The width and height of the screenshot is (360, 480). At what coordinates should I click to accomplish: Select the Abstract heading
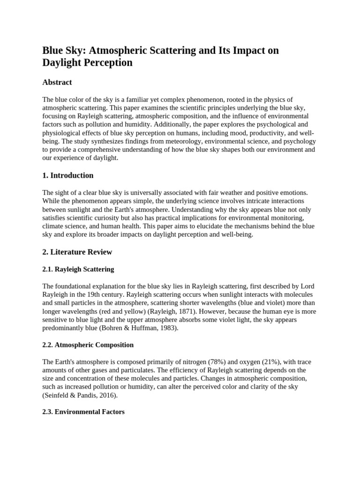click(x=57, y=82)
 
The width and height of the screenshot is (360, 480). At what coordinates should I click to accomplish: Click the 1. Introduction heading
click(x=68, y=175)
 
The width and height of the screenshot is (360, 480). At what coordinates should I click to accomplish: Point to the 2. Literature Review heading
click(x=77, y=252)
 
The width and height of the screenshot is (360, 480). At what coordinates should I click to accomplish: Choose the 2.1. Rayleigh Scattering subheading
click(x=78, y=269)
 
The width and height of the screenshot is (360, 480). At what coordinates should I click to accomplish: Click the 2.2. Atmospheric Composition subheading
click(x=88, y=345)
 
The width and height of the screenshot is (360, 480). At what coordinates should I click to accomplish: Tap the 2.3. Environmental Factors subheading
click(x=83, y=412)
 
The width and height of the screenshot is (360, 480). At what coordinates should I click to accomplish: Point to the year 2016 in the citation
click(x=108, y=396)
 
